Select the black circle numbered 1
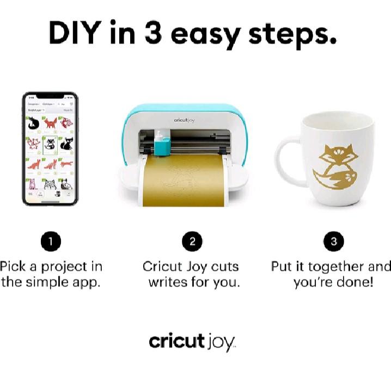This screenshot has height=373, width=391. tap(51, 242)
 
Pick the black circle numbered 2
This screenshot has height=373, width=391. tap(192, 242)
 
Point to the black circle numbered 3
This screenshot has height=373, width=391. tap(333, 242)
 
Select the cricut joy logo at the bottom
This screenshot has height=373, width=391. tap(192, 342)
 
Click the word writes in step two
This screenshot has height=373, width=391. tap(168, 283)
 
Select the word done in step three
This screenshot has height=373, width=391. tap(357, 283)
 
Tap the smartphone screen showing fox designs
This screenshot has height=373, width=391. tap(51, 148)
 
